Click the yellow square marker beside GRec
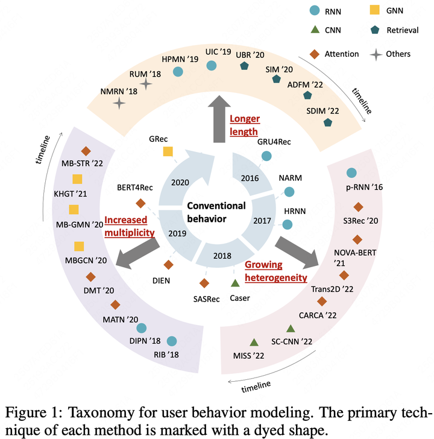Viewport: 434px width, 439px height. (168, 151)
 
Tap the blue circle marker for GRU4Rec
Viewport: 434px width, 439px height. (266, 156)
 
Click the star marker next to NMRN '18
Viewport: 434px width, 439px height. (119, 104)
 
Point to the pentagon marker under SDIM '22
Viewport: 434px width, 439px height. (328, 122)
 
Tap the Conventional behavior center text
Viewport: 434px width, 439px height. (216, 212)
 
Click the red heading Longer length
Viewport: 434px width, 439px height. (244, 125)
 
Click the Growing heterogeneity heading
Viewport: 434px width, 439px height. (276, 272)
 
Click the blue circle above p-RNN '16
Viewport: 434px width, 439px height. (351, 173)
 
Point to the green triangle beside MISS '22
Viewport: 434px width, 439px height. (254, 342)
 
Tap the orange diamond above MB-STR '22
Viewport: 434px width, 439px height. (86, 150)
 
